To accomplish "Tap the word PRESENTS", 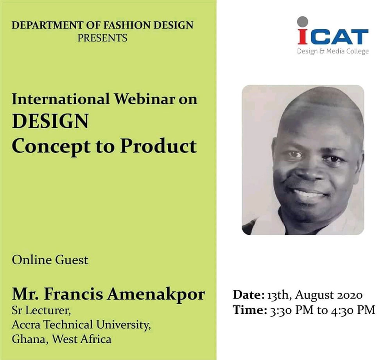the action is click(102, 38).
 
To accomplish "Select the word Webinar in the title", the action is click(144, 99).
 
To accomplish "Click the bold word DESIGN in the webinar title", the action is click(50, 122).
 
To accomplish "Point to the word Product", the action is click(159, 146).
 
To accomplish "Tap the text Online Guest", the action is click(50, 260).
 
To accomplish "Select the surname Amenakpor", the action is click(156, 294).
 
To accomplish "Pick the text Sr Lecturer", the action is click(41, 311).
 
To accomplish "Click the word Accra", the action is click(27, 325).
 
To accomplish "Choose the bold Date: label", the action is click(249, 295).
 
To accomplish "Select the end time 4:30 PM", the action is click(353, 310).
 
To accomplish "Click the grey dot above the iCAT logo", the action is click(303, 21).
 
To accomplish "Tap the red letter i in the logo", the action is click(303, 36).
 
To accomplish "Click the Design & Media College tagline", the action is click(333, 52).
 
